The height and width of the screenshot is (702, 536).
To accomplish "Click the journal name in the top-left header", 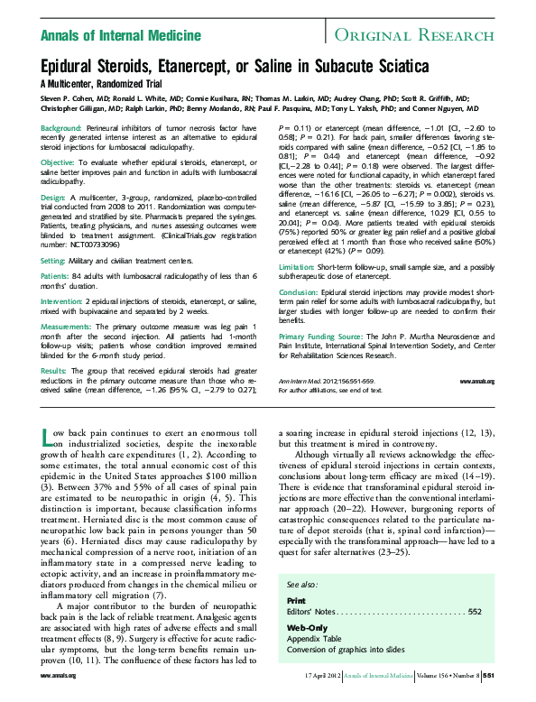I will click(121, 36).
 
